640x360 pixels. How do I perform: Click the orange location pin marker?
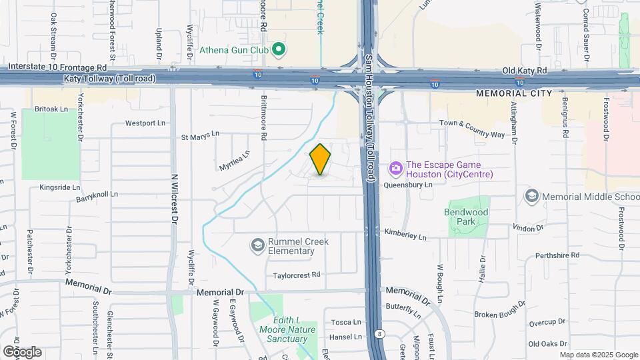(x=321, y=159)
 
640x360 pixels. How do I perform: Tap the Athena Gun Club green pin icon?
(x=280, y=49)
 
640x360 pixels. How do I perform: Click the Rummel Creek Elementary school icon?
(x=257, y=246)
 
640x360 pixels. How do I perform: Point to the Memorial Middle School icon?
(x=531, y=197)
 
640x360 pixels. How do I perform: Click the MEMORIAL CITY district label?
(x=514, y=94)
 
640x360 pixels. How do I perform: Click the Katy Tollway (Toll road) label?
(x=110, y=79)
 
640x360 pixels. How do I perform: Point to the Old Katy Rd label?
(x=525, y=70)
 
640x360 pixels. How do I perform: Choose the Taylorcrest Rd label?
(x=297, y=275)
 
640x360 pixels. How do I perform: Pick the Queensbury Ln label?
(x=408, y=186)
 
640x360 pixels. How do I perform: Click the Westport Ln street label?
(x=145, y=123)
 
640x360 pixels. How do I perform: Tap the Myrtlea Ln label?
(x=235, y=160)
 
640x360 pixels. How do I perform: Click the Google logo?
(x=22, y=352)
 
